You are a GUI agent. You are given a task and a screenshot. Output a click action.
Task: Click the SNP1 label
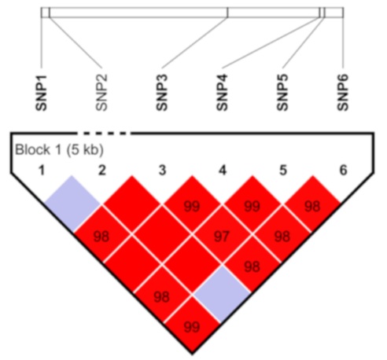click(42, 93)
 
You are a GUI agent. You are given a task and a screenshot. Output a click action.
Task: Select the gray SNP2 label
click(101, 93)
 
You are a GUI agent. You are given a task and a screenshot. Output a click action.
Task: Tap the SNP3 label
click(162, 93)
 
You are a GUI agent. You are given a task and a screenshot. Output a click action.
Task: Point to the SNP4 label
click(223, 93)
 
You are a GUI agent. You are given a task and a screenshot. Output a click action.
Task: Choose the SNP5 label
click(282, 93)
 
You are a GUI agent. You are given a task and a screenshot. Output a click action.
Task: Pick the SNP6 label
click(343, 93)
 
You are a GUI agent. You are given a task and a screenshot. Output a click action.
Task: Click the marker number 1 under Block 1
click(42, 171)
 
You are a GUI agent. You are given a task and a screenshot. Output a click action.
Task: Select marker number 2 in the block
click(101, 171)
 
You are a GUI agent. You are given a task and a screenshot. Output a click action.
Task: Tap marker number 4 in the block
click(223, 171)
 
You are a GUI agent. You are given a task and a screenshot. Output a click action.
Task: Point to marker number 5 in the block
click(282, 171)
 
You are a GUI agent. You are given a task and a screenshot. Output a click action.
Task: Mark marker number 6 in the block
click(343, 171)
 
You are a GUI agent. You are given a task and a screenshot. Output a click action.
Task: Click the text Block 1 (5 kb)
click(59, 150)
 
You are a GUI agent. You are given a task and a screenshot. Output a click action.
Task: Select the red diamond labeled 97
click(222, 236)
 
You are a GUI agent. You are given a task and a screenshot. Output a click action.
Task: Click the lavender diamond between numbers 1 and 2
click(72, 204)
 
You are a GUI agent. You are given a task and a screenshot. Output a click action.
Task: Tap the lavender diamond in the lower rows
click(222, 295)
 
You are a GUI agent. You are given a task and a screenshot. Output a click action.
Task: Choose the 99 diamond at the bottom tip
click(192, 325)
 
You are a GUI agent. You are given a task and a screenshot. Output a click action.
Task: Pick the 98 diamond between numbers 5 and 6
click(312, 204)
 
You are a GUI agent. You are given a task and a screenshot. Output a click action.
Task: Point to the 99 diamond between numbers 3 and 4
click(192, 204)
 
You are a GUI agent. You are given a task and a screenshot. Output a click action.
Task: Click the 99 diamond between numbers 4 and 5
click(252, 204)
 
